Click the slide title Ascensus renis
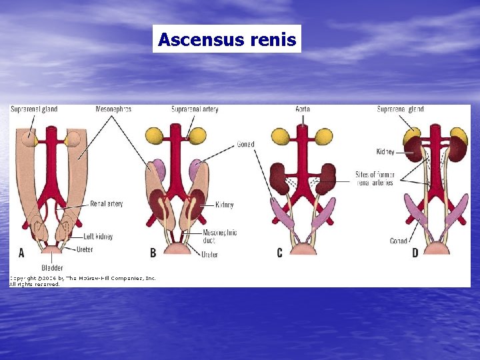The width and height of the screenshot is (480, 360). [x=227, y=39]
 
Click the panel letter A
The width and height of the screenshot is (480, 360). [x=21, y=253]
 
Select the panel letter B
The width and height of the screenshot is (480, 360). [x=153, y=253]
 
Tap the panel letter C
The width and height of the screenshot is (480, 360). [x=279, y=253]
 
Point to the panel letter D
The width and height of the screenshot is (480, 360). [x=415, y=253]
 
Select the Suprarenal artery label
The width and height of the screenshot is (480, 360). [x=195, y=109]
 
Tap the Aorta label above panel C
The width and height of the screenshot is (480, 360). [x=302, y=109]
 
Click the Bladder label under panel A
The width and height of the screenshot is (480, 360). [x=51, y=268]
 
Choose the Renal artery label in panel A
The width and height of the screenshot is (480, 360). [x=106, y=203]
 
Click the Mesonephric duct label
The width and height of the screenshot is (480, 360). [x=219, y=237]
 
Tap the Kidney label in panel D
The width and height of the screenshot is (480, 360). [x=385, y=152]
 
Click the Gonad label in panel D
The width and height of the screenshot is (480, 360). [x=399, y=241]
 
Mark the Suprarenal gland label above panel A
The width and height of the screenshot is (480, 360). [x=33, y=109]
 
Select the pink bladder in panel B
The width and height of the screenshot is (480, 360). [x=178, y=249]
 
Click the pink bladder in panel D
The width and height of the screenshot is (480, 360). [x=438, y=249]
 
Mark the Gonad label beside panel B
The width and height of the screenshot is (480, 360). [x=245, y=145]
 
